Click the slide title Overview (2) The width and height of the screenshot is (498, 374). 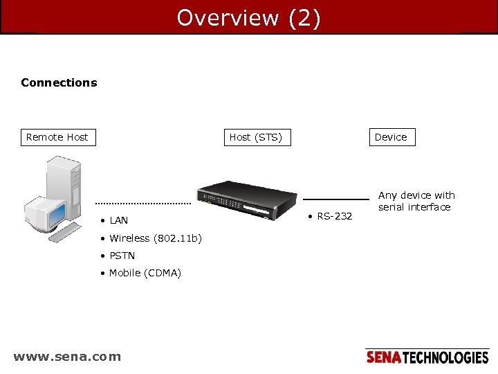[248, 17]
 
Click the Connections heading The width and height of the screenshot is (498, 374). [59, 82]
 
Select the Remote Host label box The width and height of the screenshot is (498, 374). [57, 137]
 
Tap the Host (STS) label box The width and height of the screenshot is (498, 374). [255, 137]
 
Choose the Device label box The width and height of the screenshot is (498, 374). [391, 137]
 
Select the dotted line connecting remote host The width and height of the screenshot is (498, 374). [143, 204]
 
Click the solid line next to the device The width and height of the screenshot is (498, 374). [335, 200]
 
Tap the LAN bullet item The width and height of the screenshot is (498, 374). [118, 220]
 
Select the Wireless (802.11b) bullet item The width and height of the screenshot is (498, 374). [154, 238]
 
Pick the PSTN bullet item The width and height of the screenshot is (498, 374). [121, 256]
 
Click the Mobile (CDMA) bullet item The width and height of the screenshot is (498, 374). [144, 273]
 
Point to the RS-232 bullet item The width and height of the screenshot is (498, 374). [333, 216]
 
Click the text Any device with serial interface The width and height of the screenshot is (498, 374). [416, 201]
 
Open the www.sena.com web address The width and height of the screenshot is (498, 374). [67, 357]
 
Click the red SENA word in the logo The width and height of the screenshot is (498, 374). [383, 357]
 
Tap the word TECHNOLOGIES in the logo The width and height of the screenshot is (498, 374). [445, 357]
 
